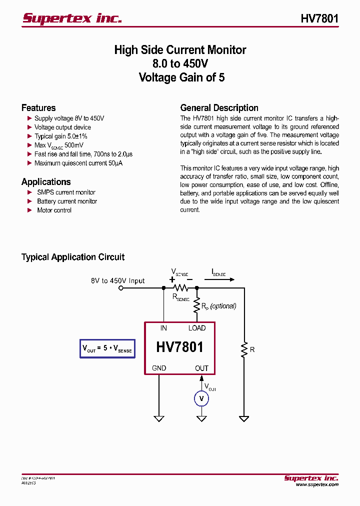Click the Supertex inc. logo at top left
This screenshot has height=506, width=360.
pos(72,18)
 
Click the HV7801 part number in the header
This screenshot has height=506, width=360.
pos(319,18)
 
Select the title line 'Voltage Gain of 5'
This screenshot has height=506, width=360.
pos(181,77)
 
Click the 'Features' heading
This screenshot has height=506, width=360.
pos(38,108)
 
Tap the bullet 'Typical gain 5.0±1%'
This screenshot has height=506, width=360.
pos(60,136)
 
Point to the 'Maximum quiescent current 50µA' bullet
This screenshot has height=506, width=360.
pos(78,163)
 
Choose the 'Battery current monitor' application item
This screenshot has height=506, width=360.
pos(67,201)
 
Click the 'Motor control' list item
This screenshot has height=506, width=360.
pos(54,210)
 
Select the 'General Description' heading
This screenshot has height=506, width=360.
pos(219,108)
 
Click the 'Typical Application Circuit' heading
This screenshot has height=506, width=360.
pos(73,257)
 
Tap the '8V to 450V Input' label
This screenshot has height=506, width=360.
pos(117,281)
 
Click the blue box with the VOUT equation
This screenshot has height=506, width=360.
pos(107,348)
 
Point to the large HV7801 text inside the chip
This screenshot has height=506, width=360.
pos(179,347)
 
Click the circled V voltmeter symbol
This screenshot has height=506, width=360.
pos(201,398)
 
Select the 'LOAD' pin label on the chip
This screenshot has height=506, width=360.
pos(196,328)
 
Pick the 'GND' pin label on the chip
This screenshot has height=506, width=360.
pos(159,368)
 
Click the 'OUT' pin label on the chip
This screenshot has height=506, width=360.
pos(201,368)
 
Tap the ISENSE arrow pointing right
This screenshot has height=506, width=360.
pos(219,280)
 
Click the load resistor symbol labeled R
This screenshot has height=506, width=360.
pos(244,349)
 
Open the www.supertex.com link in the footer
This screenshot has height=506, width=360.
pos(316,484)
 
